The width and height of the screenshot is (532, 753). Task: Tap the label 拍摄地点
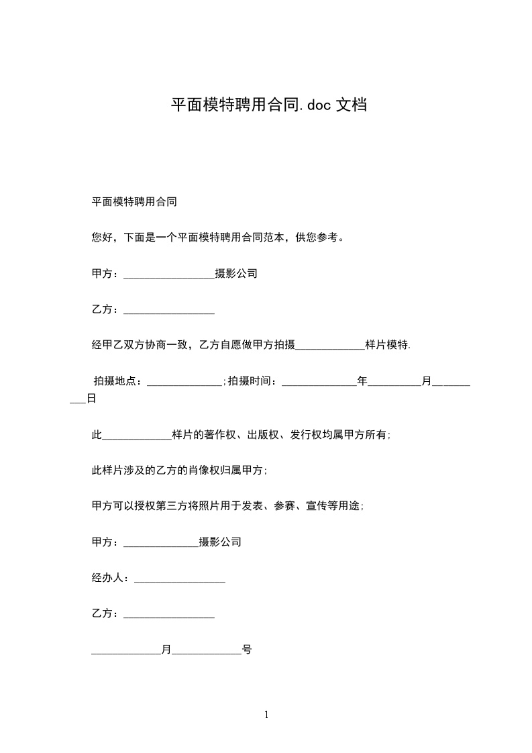[x=117, y=381]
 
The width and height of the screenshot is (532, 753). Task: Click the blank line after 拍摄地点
[x=184, y=383]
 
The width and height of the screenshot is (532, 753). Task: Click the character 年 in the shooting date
[x=362, y=381]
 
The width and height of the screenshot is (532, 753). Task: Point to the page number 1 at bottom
[x=266, y=715]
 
